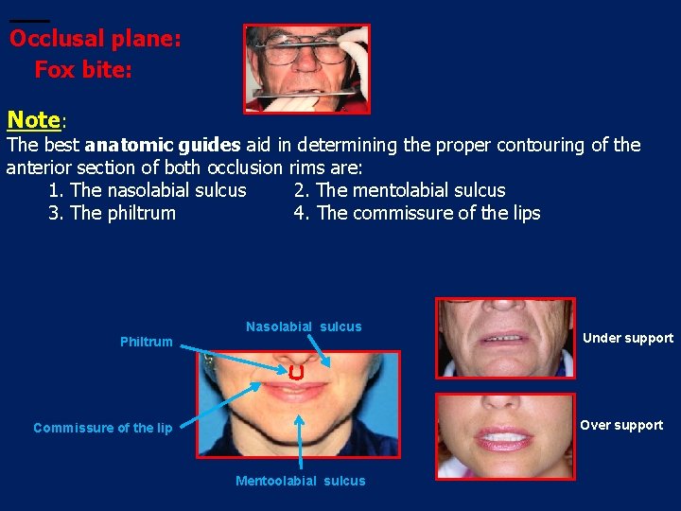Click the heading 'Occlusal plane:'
click(x=95, y=40)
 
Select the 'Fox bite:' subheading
click(x=83, y=70)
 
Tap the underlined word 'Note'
click(x=33, y=120)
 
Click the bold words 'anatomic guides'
click(x=163, y=145)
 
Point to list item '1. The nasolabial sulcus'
click(x=148, y=190)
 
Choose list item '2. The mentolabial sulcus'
click(x=400, y=190)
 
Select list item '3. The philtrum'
click(x=112, y=213)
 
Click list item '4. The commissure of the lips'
click(x=417, y=213)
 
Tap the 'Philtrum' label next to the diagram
click(x=147, y=342)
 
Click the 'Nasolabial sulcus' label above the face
click(x=304, y=326)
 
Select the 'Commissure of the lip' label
click(x=103, y=428)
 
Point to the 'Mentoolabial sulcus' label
click(x=301, y=481)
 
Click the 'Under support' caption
click(x=628, y=338)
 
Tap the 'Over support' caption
click(x=621, y=425)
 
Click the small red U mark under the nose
click(x=297, y=372)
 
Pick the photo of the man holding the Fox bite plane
click(x=306, y=68)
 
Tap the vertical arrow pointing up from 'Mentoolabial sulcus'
click(x=300, y=440)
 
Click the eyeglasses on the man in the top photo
click(x=305, y=48)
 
